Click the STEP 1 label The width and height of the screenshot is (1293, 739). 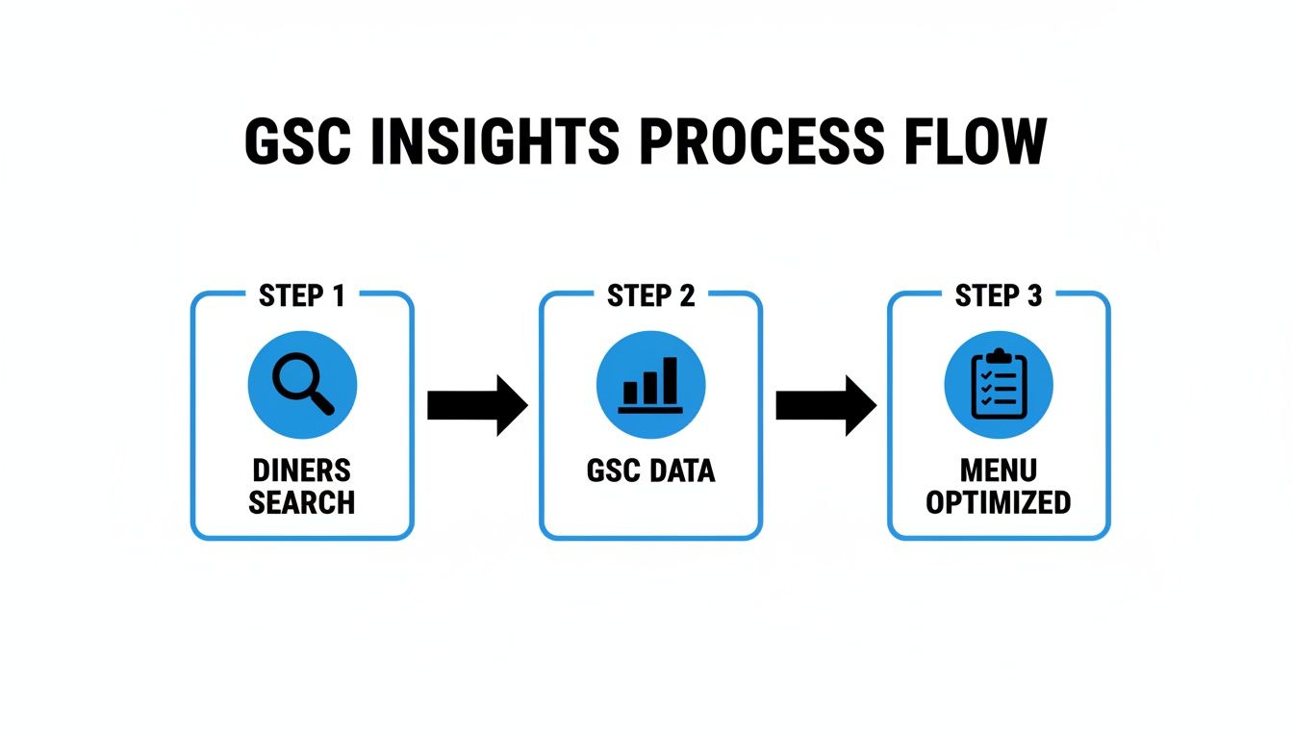tap(301, 296)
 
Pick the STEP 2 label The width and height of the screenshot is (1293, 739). tap(650, 296)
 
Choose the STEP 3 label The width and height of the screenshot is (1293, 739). tap(999, 296)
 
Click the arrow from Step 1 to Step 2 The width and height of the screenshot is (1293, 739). tap(477, 405)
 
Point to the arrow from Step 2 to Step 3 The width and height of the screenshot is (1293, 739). tap(825, 405)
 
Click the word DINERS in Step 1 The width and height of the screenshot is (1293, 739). tap(301, 471)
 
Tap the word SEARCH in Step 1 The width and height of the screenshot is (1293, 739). tap(301, 502)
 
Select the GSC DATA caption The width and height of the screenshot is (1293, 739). tap(650, 471)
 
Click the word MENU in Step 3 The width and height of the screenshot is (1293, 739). tap(999, 471)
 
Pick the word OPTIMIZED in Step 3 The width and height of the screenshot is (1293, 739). tap(999, 502)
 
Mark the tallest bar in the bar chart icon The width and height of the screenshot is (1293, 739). tap(670, 381)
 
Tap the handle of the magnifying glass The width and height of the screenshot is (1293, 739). tap(321, 402)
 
